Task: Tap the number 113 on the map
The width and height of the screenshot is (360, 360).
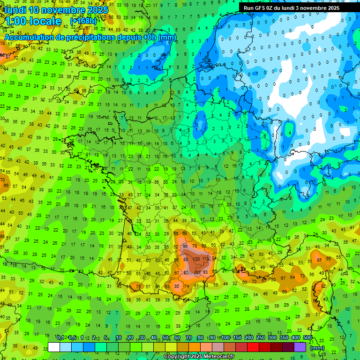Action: tap(205, 259)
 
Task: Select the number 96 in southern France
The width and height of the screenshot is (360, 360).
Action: tap(186, 246)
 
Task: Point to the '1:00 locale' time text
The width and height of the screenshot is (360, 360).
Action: tap(33, 21)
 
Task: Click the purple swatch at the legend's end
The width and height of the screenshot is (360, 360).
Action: tap(300, 347)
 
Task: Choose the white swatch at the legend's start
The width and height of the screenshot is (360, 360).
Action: tap(54, 347)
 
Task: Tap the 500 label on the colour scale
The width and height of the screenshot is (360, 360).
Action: tap(307, 337)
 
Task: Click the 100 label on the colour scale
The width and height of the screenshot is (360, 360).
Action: tap(225, 337)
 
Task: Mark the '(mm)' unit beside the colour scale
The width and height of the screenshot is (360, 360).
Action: tap(317, 348)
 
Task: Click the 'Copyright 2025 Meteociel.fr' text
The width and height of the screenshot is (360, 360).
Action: tap(199, 356)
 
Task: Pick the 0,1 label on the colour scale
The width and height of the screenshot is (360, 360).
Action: tap(60, 337)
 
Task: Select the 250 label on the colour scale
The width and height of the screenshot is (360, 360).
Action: tap(261, 337)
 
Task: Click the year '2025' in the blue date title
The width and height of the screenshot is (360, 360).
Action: tap(97, 10)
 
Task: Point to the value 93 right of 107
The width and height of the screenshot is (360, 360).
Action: tap(205, 272)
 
